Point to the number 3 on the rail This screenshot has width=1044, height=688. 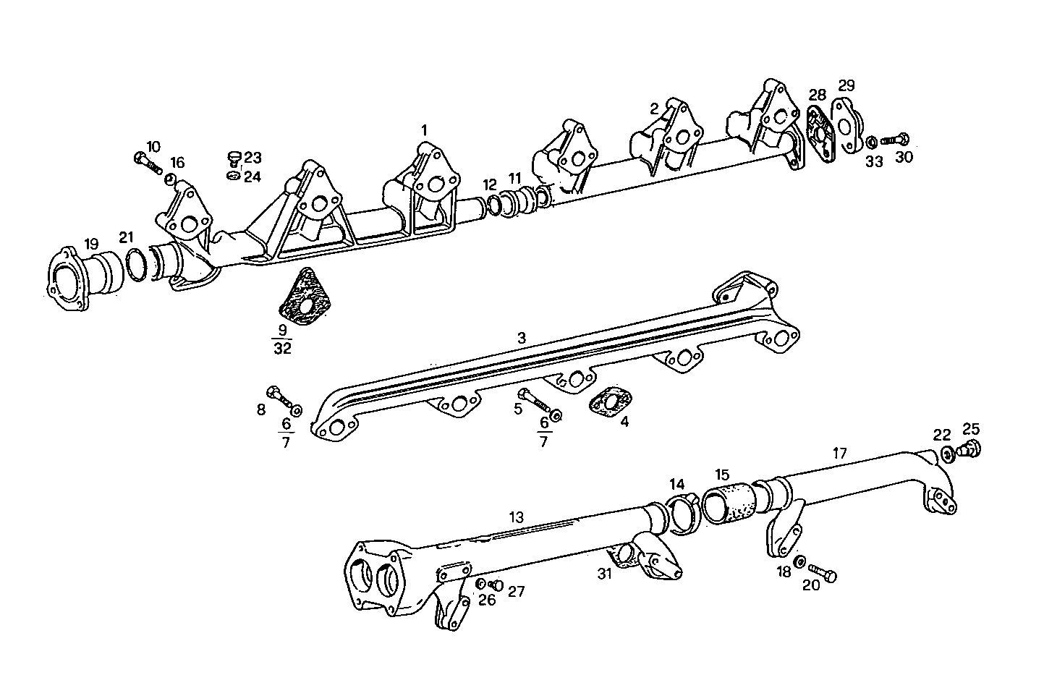pos(521,338)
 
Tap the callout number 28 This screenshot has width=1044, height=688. pos(817,95)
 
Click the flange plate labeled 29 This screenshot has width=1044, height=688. pos(845,127)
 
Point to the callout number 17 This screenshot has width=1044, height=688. pos(839,454)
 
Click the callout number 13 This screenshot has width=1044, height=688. pos(516,517)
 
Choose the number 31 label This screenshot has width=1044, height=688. pos(605,574)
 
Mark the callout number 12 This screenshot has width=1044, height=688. pos(491,184)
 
